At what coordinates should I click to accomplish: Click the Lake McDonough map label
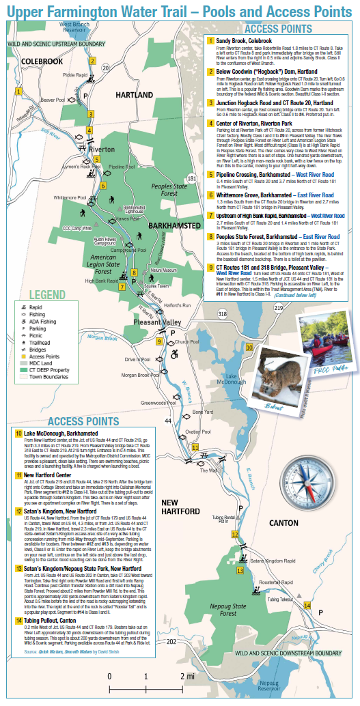(x=231, y=380)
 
